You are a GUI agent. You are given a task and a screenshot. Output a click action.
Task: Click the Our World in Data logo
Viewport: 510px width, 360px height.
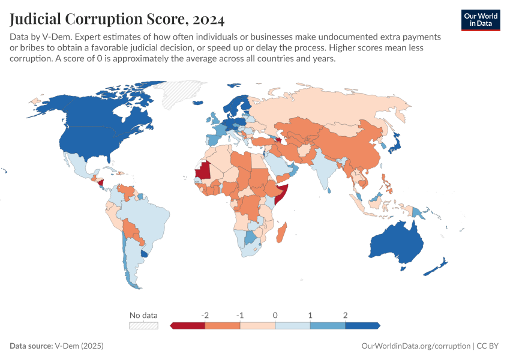480,20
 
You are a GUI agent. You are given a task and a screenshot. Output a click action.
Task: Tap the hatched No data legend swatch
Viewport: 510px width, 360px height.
144,325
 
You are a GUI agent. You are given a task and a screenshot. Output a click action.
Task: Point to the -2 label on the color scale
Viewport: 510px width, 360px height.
205,315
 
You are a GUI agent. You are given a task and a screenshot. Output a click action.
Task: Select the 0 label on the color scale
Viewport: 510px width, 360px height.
275,315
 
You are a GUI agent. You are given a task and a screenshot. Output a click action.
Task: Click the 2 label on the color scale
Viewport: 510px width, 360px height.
346,315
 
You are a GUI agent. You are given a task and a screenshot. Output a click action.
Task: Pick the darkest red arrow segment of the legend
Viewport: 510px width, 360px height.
188,325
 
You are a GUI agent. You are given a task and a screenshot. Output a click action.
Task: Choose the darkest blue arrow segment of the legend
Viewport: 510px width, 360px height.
362,325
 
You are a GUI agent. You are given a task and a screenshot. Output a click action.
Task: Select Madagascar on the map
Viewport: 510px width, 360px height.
282,231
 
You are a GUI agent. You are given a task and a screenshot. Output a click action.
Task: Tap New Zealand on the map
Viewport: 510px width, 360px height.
438,267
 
